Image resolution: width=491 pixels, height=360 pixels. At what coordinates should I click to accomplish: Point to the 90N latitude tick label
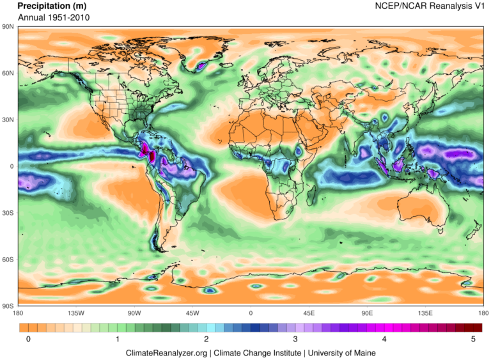coord(8,27)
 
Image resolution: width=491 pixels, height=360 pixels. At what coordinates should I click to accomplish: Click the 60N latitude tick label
coord(8,74)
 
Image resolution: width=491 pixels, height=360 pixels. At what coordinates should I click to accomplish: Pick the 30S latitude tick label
coord(8,213)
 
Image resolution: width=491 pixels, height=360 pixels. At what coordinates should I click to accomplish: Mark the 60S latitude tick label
coord(8,260)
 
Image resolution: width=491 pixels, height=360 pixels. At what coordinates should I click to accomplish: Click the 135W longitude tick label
coord(76,313)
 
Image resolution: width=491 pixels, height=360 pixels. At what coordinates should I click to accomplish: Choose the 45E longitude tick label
coord(309,313)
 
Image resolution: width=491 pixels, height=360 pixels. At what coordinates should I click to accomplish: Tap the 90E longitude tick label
coord(367,313)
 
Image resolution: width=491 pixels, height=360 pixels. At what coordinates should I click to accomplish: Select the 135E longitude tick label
coord(425,313)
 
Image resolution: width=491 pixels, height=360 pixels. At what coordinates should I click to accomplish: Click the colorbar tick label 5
coord(473,340)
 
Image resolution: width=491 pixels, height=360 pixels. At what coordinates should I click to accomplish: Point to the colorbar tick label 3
coord(295,340)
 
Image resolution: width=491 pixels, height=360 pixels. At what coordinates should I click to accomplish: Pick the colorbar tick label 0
coord(29,340)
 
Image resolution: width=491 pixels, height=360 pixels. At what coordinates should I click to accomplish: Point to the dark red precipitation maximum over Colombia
coord(146,152)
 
